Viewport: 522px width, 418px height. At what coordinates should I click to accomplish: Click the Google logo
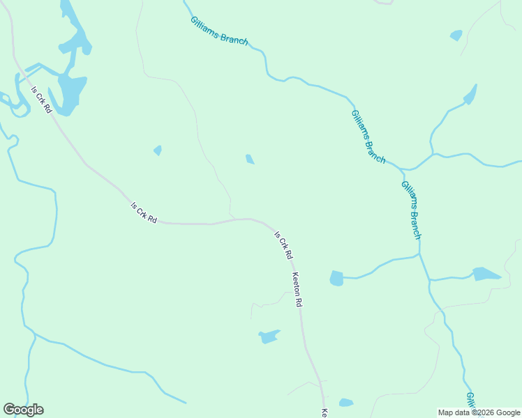click(24, 410)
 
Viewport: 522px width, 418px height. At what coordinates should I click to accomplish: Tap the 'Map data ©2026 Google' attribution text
click(479, 412)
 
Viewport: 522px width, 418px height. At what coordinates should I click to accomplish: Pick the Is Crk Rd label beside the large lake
click(41, 100)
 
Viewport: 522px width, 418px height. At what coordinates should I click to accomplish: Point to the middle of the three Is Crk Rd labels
click(144, 212)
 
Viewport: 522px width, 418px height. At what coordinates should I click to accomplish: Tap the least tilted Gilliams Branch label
click(219, 31)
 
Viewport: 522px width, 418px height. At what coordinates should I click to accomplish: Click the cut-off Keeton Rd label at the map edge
click(325, 412)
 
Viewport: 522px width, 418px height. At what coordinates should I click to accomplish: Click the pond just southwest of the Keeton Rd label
click(269, 337)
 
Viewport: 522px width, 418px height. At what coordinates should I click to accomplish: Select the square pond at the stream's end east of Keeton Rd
click(336, 279)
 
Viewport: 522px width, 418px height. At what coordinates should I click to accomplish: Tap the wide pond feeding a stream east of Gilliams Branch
click(486, 274)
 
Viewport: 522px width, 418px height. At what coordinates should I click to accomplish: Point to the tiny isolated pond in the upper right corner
click(456, 35)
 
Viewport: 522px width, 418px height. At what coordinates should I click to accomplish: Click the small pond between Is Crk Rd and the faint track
click(158, 150)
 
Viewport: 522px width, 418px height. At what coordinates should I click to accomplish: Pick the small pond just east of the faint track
click(250, 160)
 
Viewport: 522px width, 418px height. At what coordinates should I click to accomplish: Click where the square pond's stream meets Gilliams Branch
click(419, 256)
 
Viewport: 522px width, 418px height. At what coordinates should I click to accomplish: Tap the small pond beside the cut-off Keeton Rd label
click(346, 403)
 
